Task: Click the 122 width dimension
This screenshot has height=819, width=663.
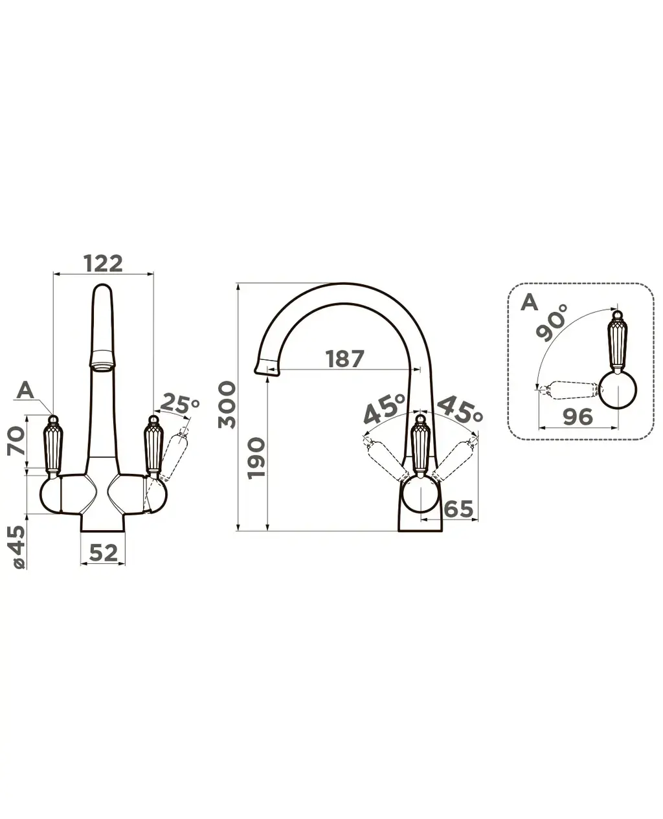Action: [103, 263]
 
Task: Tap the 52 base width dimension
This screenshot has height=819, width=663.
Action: [103, 553]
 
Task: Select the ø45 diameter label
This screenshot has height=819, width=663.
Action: [17, 547]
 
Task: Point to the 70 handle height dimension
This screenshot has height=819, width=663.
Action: [16, 442]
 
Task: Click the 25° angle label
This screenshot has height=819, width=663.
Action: [179, 404]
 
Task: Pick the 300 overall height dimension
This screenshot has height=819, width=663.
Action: [227, 405]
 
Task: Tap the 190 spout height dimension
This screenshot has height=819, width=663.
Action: [256, 458]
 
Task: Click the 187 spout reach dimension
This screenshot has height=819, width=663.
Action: [344, 359]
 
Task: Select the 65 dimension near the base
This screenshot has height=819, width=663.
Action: [458, 509]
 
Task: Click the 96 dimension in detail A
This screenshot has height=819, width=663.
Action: [578, 416]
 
